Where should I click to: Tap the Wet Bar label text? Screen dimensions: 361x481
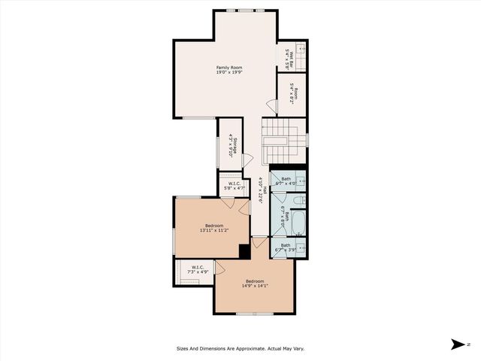pyautogui.click(x=291, y=54)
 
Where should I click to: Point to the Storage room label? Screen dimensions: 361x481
pyautogui.click(x=235, y=145)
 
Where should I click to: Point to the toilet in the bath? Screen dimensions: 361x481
pyautogui.click(x=299, y=200)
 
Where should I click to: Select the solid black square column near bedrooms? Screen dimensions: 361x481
pyautogui.click(x=244, y=251)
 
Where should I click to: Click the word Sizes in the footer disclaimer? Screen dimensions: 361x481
pyautogui.click(x=185, y=348)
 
